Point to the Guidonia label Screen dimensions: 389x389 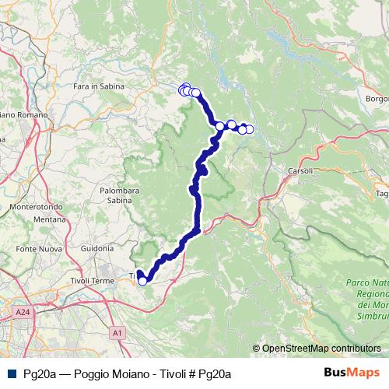96,248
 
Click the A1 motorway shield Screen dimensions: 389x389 117,333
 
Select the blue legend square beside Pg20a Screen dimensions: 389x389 10,374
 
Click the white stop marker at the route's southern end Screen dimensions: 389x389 142,281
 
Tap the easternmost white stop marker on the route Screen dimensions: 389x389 249,129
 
